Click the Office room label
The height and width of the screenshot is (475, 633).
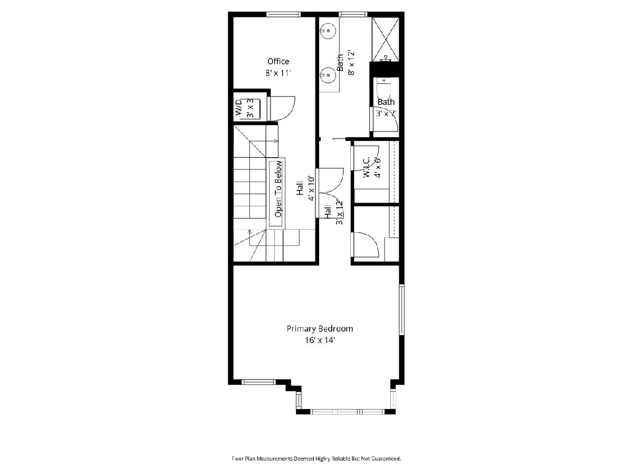click(x=278, y=61)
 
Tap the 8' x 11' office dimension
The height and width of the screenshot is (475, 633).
click(x=278, y=73)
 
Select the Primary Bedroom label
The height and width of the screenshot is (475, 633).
click(x=320, y=329)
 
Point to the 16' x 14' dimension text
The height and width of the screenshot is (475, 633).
click(x=320, y=340)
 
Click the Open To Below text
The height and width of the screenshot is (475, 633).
click(x=278, y=189)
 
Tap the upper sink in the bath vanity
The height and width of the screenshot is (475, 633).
click(x=328, y=30)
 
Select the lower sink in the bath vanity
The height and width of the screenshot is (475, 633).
click(x=328, y=75)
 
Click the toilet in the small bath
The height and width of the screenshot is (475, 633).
click(x=383, y=89)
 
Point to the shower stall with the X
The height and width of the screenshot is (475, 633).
click(x=385, y=40)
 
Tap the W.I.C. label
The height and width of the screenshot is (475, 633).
click(x=367, y=167)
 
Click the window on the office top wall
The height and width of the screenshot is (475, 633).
click(x=283, y=14)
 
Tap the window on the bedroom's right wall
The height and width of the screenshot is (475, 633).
click(x=401, y=309)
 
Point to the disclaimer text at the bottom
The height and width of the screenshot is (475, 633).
click(x=316, y=459)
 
